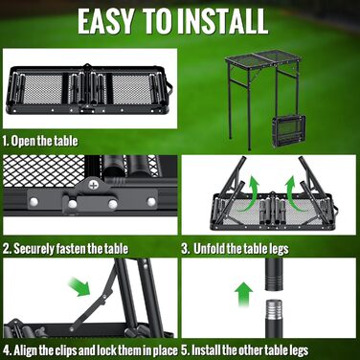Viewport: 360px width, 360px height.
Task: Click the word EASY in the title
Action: point(105,21)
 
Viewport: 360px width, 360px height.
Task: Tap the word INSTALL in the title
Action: point(222,21)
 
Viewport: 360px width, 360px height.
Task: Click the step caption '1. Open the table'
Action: point(40,141)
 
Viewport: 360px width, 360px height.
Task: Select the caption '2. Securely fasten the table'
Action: point(65,249)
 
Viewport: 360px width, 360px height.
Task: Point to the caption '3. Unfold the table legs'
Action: point(235,249)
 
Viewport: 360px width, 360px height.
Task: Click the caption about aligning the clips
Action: point(90,350)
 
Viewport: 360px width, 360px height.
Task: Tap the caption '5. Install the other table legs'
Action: point(245,350)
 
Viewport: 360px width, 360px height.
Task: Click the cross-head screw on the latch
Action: point(93,185)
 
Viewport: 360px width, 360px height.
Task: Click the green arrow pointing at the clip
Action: point(79,286)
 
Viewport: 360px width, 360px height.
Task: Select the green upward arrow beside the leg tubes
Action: point(243,294)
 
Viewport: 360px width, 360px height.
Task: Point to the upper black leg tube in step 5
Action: point(274,274)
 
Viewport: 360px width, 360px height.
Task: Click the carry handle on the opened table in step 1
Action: point(170,87)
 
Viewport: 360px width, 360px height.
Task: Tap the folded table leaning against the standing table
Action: point(289,131)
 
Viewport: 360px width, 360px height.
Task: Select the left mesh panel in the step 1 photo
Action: point(43,90)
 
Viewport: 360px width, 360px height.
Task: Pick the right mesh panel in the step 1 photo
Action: point(131,90)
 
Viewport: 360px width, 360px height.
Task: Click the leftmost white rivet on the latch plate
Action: point(34,202)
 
